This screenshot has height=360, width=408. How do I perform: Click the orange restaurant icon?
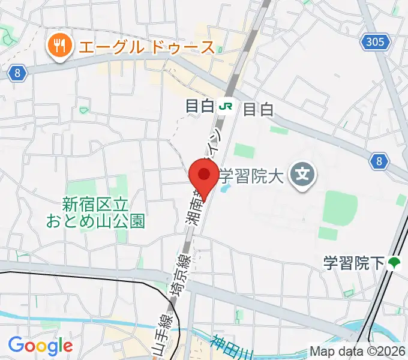pos(58,46)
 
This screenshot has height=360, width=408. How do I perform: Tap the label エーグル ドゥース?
pos(144,46)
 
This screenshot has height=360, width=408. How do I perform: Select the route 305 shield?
pos(376,42)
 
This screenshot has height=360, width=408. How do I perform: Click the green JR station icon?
pos(226,107)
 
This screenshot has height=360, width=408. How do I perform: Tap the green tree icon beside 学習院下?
pos(394,263)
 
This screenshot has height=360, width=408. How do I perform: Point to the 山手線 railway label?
pos(160,336)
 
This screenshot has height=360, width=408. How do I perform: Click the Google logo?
pos(40,346)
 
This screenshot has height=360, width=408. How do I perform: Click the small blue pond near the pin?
pos(224,190)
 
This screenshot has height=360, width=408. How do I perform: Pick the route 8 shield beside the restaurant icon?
pos(19,73)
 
